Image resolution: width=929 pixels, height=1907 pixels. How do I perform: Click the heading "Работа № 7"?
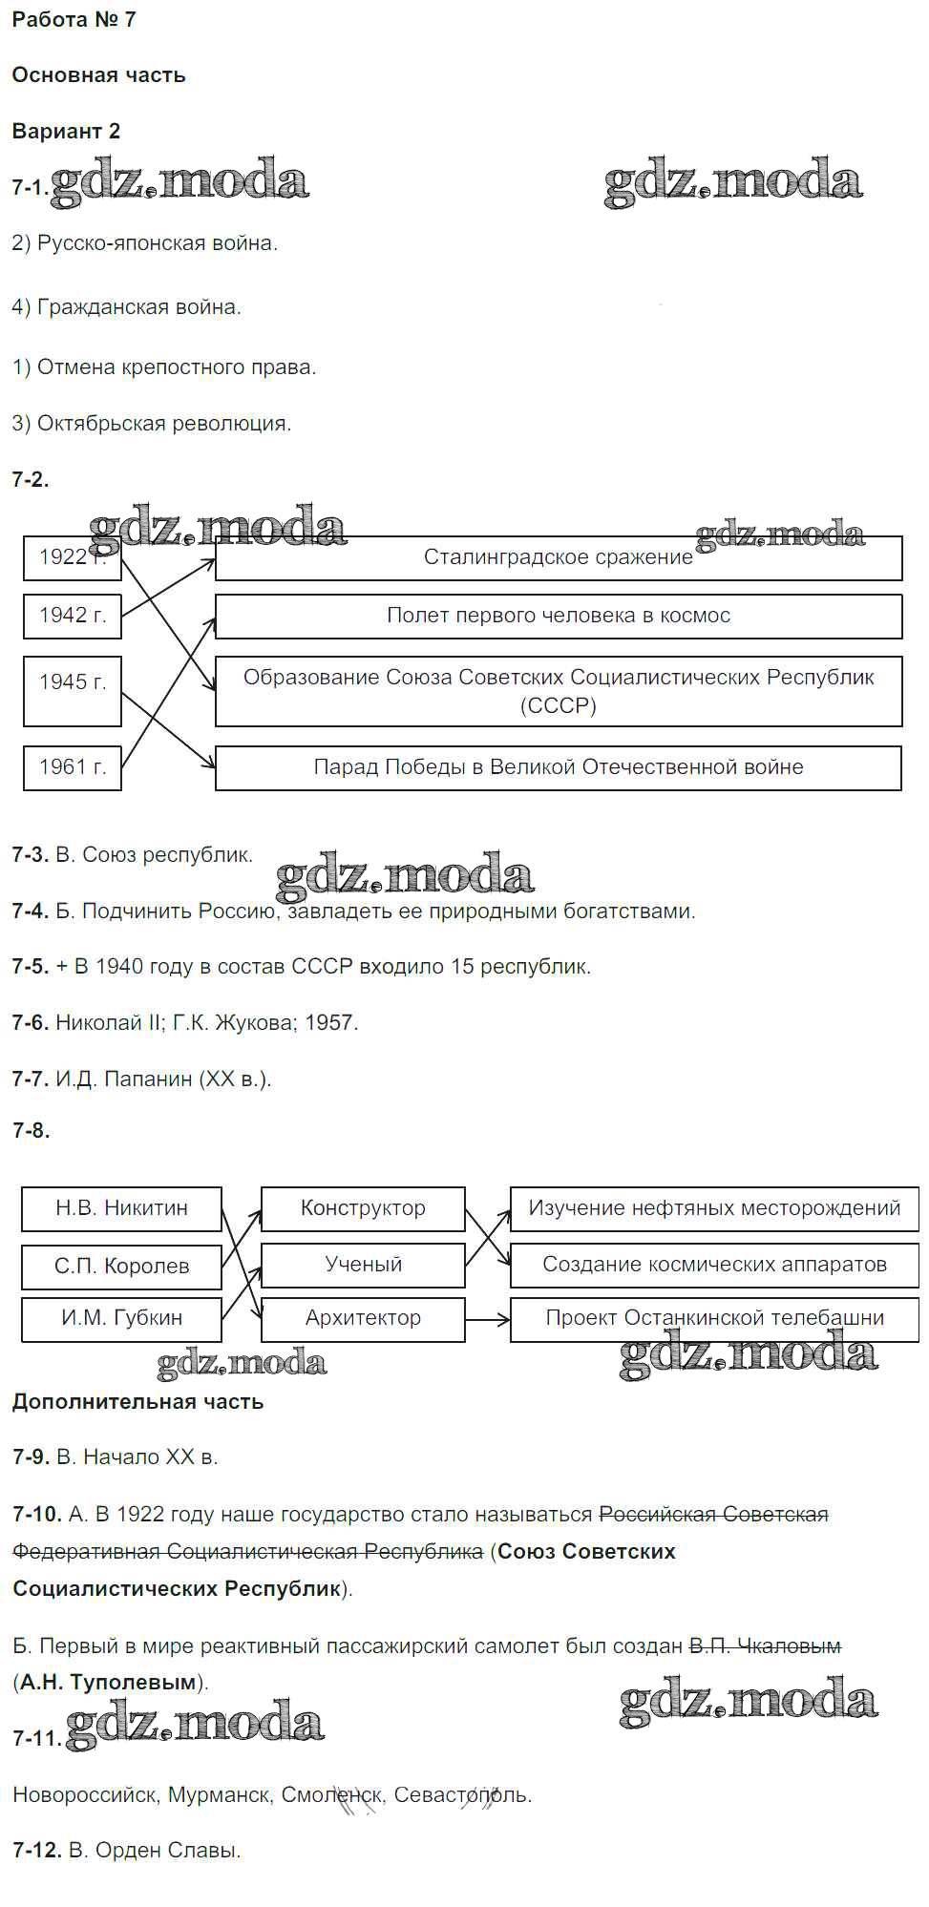(74, 20)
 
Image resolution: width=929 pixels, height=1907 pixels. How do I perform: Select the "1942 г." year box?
(73, 616)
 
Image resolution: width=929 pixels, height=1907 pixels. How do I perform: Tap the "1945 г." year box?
(73, 682)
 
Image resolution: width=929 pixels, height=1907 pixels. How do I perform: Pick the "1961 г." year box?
(73, 767)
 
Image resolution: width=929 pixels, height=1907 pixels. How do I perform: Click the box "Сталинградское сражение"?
(559, 557)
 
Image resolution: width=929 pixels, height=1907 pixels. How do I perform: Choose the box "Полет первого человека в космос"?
(559, 616)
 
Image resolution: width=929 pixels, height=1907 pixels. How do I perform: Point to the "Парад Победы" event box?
(559, 767)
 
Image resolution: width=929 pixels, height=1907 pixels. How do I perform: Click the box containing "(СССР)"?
(559, 691)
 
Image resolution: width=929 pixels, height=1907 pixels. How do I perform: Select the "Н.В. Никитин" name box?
(121, 1208)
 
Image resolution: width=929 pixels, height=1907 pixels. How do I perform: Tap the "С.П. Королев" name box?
(121, 1267)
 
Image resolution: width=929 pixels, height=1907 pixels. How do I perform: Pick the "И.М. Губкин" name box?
(121, 1318)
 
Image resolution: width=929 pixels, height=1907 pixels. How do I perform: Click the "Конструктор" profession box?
(363, 1208)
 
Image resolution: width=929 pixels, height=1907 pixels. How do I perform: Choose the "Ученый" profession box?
(363, 1265)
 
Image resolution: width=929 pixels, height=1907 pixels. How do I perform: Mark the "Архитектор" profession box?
(363, 1318)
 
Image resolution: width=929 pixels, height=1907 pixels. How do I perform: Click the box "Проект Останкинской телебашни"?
(714, 1318)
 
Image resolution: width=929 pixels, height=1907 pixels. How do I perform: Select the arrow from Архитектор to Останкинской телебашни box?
(488, 1320)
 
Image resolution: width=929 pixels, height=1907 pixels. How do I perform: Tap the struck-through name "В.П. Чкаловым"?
(765, 1646)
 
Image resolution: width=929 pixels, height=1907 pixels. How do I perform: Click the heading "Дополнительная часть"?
(137, 1402)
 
